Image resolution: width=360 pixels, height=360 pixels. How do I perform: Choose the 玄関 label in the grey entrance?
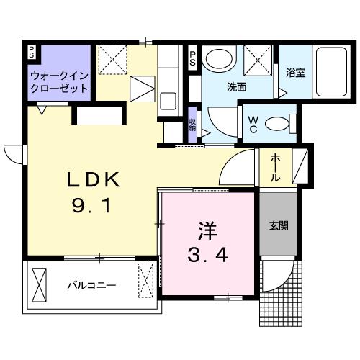[x=279, y=225]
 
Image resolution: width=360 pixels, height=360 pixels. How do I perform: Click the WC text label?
[x=254, y=123]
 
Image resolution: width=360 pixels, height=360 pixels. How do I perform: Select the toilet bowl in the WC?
[x=276, y=124]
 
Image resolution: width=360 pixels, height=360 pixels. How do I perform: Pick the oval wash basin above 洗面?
[x=217, y=60]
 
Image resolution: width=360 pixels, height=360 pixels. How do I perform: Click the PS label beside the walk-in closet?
[x=31, y=52]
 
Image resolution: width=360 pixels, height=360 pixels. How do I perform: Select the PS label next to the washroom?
[x=193, y=59]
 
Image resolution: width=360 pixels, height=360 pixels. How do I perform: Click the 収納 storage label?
[x=192, y=122]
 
